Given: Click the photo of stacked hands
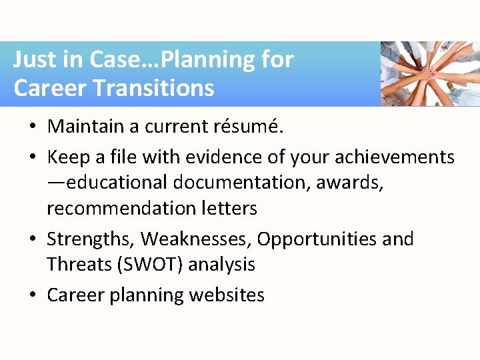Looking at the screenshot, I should (429, 73).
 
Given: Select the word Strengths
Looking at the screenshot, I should (90, 239).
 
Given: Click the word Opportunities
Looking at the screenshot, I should (317, 239).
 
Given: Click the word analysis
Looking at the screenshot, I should (222, 265).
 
